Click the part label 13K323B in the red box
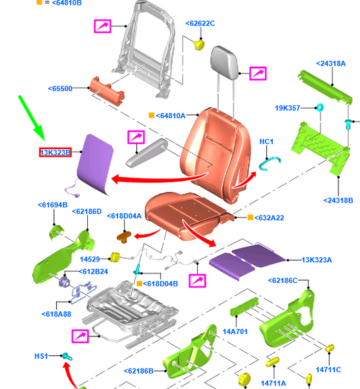tap(55, 153)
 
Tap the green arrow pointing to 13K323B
tap(32, 118)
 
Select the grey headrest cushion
tap(224, 63)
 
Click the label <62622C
tap(200, 24)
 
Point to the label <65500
tap(60, 88)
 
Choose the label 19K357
tap(288, 108)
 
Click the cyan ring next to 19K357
tap(319, 107)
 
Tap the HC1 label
tap(266, 142)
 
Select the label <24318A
tap(331, 63)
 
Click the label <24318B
tap(338, 200)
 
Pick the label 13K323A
tap(317, 260)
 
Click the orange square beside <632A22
tap(251, 217)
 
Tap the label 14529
tap(90, 259)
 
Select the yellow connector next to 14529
tap(115, 257)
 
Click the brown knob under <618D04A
tap(124, 236)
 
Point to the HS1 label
tap(41, 356)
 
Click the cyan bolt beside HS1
tap(68, 357)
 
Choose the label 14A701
tap(235, 332)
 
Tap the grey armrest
tap(147, 153)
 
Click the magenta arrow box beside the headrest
tap(258, 74)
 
